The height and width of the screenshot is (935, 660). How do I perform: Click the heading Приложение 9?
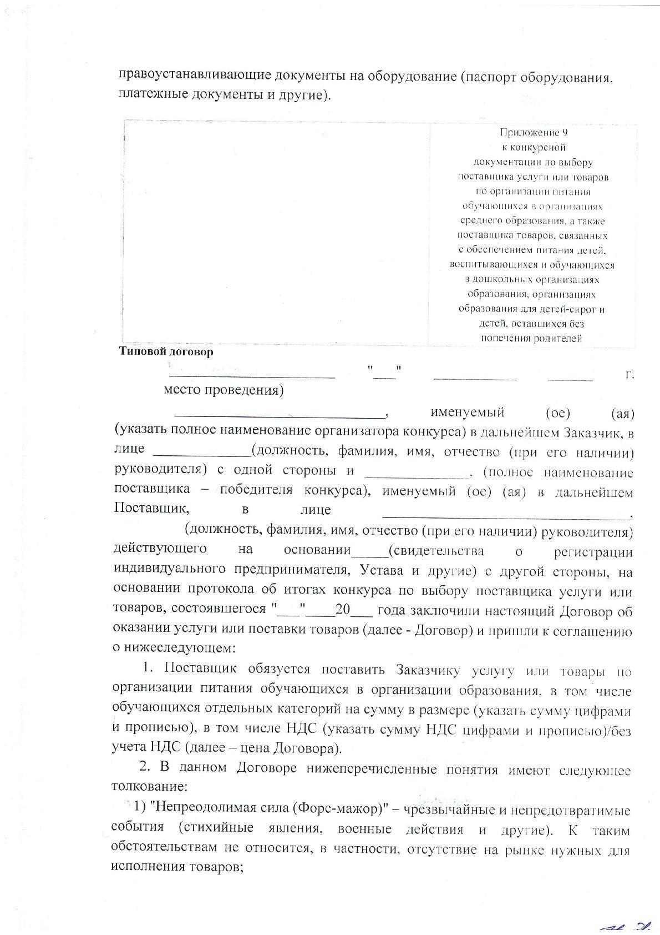[534, 133]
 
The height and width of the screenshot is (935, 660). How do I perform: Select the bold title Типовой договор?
[166, 352]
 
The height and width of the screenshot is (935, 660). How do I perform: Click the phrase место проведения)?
[224, 390]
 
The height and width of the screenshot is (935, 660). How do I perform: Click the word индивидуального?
[169, 570]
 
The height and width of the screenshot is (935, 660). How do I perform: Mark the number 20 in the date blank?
[343, 609]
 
